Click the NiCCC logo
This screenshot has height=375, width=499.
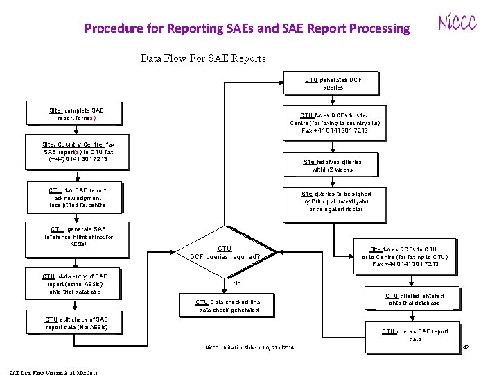tap(457, 24)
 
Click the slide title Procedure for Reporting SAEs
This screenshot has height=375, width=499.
tap(247, 28)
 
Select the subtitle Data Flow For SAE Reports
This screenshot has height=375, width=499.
tap(203, 58)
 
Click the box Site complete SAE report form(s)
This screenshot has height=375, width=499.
tap(76, 114)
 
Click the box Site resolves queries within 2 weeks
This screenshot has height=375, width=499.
tap(332, 165)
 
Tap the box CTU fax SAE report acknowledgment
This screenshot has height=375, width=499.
tap(77, 198)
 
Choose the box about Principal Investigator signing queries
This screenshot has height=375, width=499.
tap(335, 201)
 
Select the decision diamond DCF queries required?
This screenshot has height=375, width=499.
tap(225, 253)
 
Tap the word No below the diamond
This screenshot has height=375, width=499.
tap(236, 283)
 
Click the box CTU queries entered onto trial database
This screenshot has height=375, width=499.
tap(414, 299)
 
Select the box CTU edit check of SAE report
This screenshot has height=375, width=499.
tap(76, 323)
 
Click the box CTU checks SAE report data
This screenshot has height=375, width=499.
tap(415, 335)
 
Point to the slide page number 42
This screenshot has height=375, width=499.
tap(466, 347)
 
